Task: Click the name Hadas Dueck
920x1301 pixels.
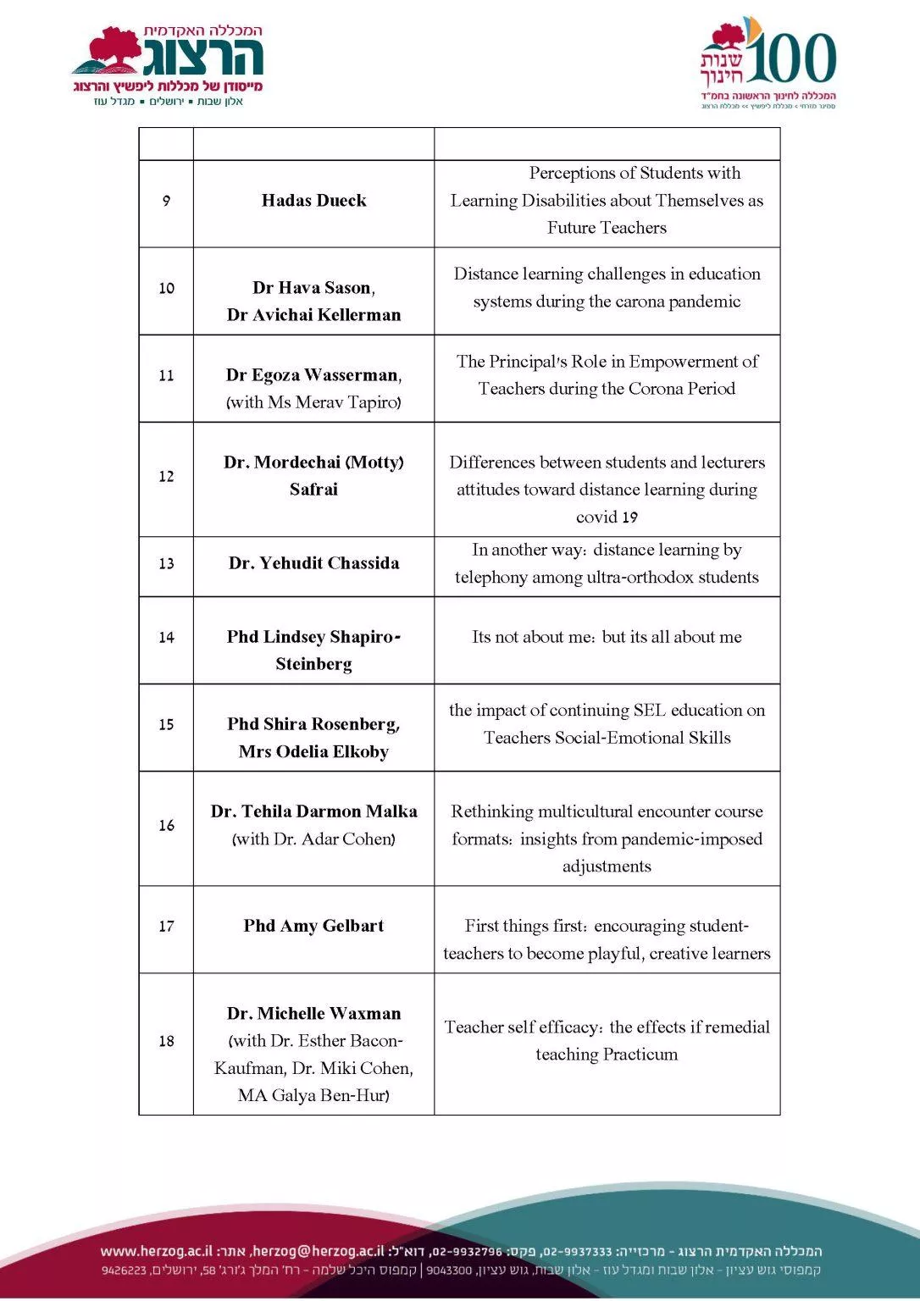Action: (313, 201)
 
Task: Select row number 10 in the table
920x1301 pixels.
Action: (166, 289)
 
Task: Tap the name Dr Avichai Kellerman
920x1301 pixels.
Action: (313, 315)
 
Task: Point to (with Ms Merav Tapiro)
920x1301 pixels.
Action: (313, 402)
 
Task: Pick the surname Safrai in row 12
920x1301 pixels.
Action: (313, 490)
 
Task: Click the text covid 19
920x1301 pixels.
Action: (607, 517)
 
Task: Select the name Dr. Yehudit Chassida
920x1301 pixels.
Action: (313, 563)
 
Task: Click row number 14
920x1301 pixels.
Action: (166, 638)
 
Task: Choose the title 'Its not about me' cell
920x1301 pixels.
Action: (607, 637)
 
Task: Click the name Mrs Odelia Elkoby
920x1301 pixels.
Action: (313, 752)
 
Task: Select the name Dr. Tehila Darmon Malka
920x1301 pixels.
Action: (313, 811)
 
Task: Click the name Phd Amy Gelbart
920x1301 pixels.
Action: (313, 926)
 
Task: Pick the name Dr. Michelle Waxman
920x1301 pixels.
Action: (313, 1014)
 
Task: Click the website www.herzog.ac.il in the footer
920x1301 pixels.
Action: (156, 1251)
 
